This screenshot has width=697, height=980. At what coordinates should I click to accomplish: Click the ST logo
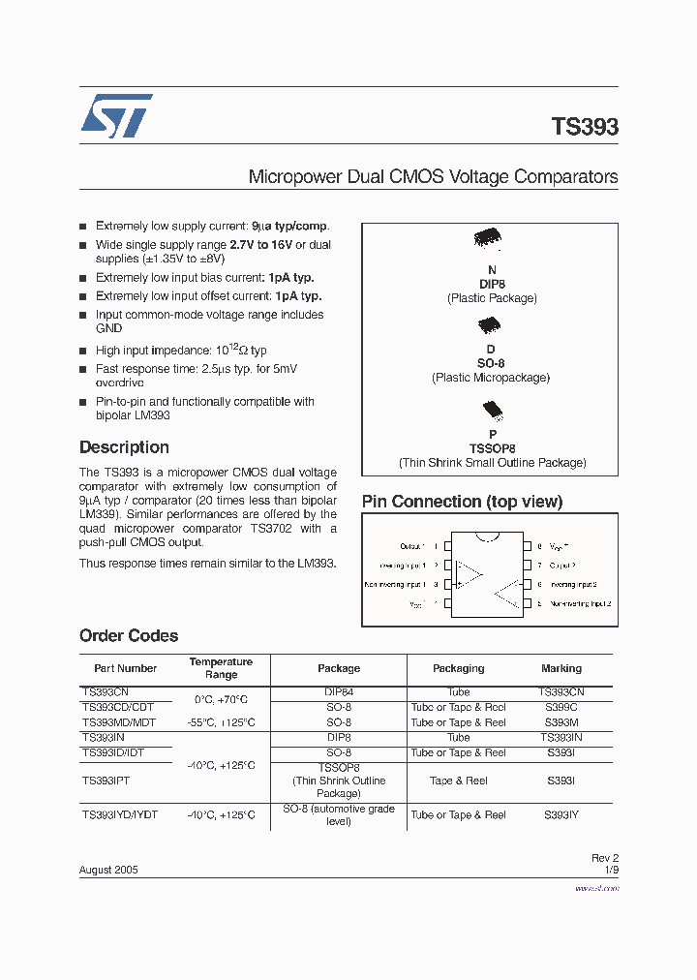click(x=116, y=116)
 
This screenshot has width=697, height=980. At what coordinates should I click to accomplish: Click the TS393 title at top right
click(x=584, y=127)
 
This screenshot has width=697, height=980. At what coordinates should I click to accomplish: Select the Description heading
click(x=124, y=447)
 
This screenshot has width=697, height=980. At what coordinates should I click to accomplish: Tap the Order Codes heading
click(x=129, y=636)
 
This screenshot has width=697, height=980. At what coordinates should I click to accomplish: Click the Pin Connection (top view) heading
click(x=462, y=502)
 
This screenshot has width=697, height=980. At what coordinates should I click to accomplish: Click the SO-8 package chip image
click(x=490, y=325)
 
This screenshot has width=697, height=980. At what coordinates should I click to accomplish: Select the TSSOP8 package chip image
click(x=492, y=410)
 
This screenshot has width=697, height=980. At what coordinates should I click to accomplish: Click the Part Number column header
click(x=125, y=668)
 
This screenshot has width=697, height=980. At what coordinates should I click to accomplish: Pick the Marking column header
click(x=561, y=668)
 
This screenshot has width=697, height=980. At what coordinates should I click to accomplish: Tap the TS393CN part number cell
click(x=105, y=692)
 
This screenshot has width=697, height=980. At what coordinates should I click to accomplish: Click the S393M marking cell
click(x=561, y=722)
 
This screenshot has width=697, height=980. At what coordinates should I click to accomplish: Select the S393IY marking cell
click(x=561, y=815)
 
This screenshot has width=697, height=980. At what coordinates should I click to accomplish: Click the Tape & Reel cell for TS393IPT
click(x=458, y=781)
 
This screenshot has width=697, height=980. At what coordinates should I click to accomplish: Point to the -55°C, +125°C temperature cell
click(x=221, y=722)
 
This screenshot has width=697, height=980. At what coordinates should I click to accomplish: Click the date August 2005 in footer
click(x=108, y=870)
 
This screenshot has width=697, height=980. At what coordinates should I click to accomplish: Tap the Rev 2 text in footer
click(x=604, y=858)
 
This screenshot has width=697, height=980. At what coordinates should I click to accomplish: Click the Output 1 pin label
click(x=411, y=546)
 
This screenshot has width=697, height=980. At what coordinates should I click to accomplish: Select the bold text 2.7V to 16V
click(x=260, y=245)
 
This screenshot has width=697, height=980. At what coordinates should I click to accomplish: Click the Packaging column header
click(x=458, y=668)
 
